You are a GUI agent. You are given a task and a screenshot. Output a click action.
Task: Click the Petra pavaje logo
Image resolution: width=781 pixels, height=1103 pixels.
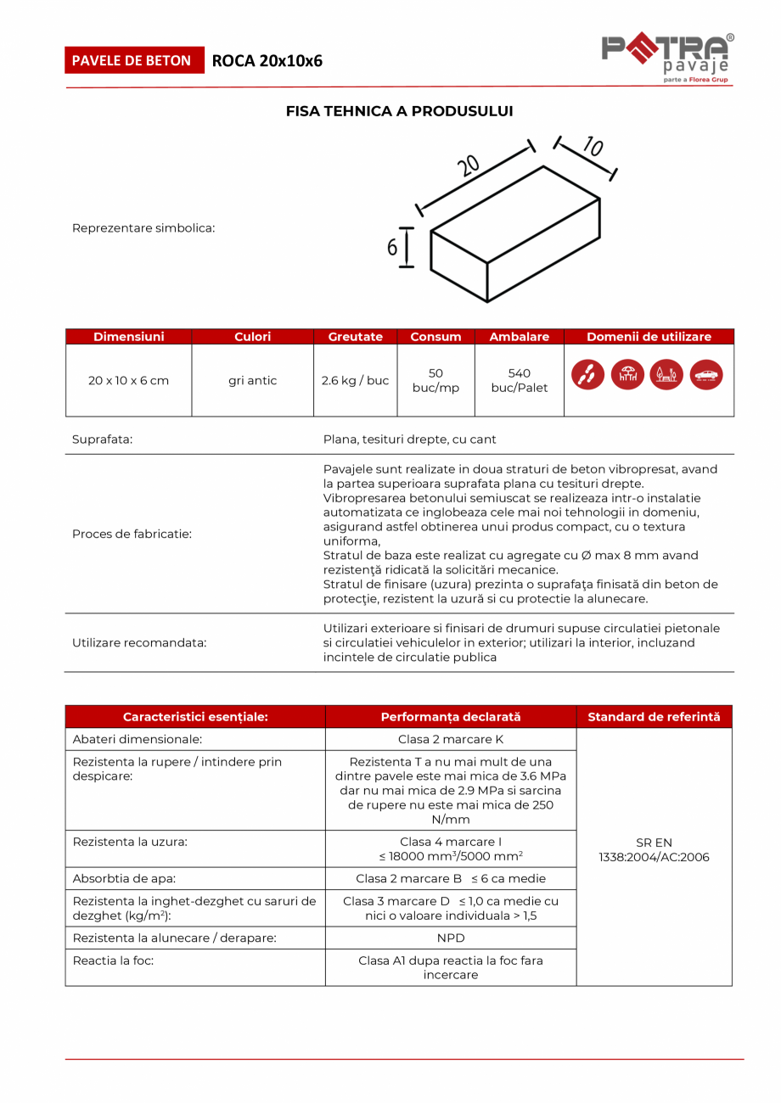pos(667,57)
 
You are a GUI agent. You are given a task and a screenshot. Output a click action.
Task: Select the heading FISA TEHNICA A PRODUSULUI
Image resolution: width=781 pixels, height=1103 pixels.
pos(399,111)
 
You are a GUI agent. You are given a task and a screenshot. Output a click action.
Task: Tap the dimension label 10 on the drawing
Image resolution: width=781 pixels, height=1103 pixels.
pos(593,147)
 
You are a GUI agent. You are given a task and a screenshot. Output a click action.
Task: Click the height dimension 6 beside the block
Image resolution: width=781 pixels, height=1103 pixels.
pos(392,248)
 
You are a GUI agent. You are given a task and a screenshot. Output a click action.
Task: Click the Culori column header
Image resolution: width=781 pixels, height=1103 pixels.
pos(252,337)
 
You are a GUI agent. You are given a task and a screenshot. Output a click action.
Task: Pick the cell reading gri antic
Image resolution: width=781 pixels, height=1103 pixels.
pos(252,380)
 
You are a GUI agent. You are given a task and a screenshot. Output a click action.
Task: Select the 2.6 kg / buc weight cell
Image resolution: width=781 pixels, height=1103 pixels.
pos(355,380)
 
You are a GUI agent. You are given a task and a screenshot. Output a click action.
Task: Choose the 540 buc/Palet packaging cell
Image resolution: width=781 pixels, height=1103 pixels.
pos(519,380)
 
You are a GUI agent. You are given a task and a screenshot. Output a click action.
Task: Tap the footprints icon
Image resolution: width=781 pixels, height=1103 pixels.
pos(588,375)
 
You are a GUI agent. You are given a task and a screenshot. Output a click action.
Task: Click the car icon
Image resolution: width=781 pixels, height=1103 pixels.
pos(705,375)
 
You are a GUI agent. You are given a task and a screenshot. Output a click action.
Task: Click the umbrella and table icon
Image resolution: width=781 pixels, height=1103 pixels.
pos(627,375)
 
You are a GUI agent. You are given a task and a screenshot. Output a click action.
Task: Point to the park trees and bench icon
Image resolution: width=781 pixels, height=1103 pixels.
pos(666,375)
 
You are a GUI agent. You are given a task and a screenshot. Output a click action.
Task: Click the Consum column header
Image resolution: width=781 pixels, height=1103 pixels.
pos(435,337)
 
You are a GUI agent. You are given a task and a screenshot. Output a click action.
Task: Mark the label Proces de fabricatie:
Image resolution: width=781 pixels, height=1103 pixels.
pos(132,534)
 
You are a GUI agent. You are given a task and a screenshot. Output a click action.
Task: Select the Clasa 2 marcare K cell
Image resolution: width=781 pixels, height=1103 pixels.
pos(450,739)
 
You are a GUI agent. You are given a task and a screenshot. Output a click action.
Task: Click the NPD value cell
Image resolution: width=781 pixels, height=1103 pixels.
pos(450,938)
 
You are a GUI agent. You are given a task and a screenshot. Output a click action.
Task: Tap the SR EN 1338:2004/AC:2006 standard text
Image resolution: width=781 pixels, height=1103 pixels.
pos(654,850)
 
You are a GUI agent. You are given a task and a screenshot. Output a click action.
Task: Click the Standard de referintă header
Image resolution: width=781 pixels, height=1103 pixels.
pos(654,717)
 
